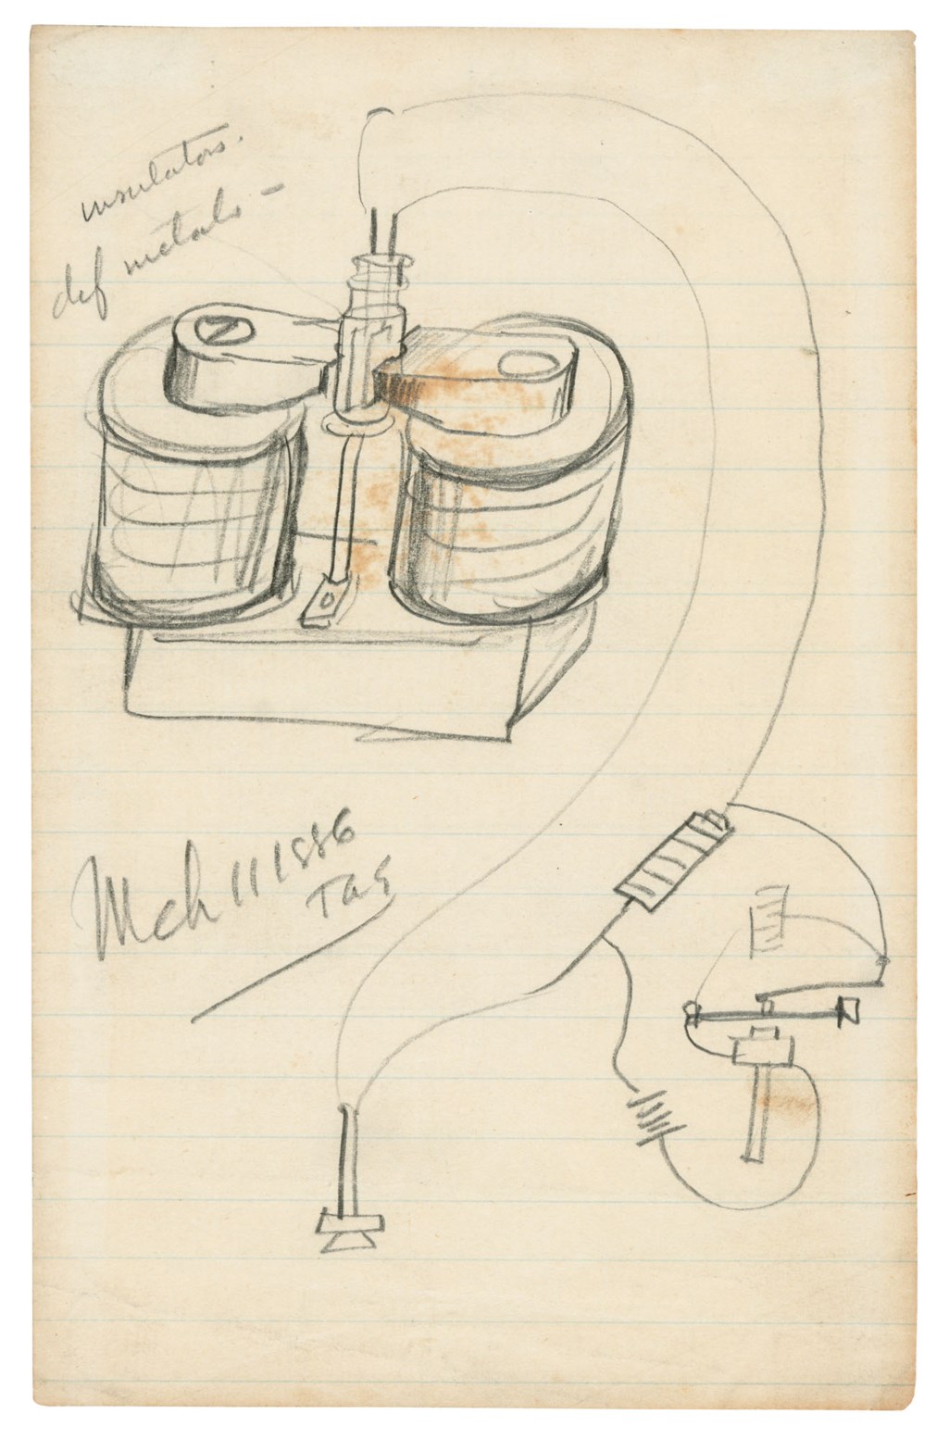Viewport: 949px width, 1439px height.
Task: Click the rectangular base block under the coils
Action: point(324,676)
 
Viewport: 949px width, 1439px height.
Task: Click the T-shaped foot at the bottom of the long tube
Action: point(348,1232)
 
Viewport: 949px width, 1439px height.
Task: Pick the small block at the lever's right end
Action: point(848,1012)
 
